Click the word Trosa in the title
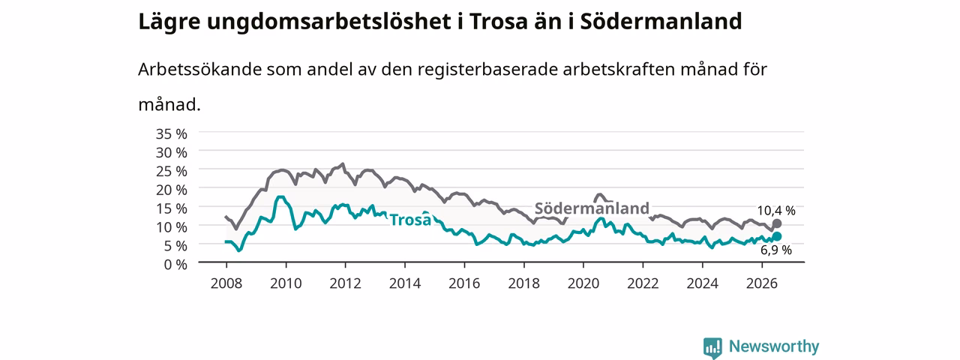pyautogui.click(x=498, y=22)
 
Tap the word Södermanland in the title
pyautogui.click(x=661, y=22)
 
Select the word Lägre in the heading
pyautogui.click(x=169, y=22)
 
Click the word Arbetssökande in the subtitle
pyautogui.click(x=199, y=69)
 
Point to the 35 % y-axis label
pyautogui.click(x=172, y=133)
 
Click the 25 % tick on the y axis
pyautogui.click(x=172, y=171)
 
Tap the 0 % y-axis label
pyautogui.click(x=175, y=265)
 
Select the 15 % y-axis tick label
pyautogui.click(x=172, y=208)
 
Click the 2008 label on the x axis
pyautogui.click(x=226, y=283)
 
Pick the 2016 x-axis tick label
pyautogui.click(x=464, y=283)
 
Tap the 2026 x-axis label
pyautogui.click(x=762, y=283)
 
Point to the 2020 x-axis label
pyautogui.click(x=583, y=283)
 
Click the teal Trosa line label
pyautogui.click(x=410, y=220)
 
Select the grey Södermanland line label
pyautogui.click(x=592, y=208)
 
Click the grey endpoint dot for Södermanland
pyautogui.click(x=776, y=223)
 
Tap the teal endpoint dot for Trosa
pyautogui.click(x=776, y=236)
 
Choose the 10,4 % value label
pyautogui.click(x=776, y=211)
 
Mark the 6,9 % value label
pyautogui.click(x=776, y=250)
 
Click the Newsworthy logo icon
pyautogui.click(x=712, y=347)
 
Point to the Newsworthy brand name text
pyautogui.click(x=774, y=346)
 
